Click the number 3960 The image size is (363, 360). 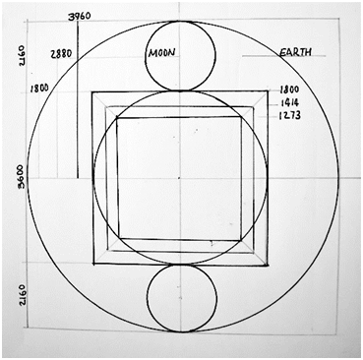click(x=79, y=16)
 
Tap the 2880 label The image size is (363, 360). click(x=61, y=54)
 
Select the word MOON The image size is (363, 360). click(x=161, y=52)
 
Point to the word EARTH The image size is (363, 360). click(x=295, y=52)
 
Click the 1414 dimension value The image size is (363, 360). click(x=289, y=103)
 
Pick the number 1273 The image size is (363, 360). click(x=289, y=115)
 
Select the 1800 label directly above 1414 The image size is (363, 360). click(x=289, y=90)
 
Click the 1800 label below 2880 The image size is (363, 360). click(x=39, y=88)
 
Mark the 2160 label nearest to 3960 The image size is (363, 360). click(x=22, y=56)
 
